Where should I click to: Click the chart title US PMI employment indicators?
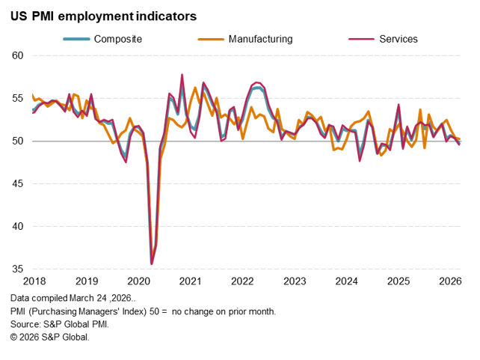[x=104, y=14]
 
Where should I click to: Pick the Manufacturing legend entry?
[x=261, y=38]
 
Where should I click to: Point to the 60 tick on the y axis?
[x=18, y=56]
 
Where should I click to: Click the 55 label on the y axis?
[x=18, y=99]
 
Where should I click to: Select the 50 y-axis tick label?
[x=18, y=141]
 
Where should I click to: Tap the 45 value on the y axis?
[x=18, y=184]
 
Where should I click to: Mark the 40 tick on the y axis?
[x=18, y=227]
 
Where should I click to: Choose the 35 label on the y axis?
[x=18, y=269]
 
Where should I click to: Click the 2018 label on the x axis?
[x=35, y=281]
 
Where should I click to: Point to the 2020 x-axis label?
[x=139, y=281]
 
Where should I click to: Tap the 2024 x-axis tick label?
[x=346, y=281]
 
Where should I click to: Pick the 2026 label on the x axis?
[x=449, y=281]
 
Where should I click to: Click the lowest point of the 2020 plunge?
[x=152, y=263]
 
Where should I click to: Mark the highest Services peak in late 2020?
[x=182, y=74]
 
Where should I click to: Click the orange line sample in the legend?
[x=211, y=38]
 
